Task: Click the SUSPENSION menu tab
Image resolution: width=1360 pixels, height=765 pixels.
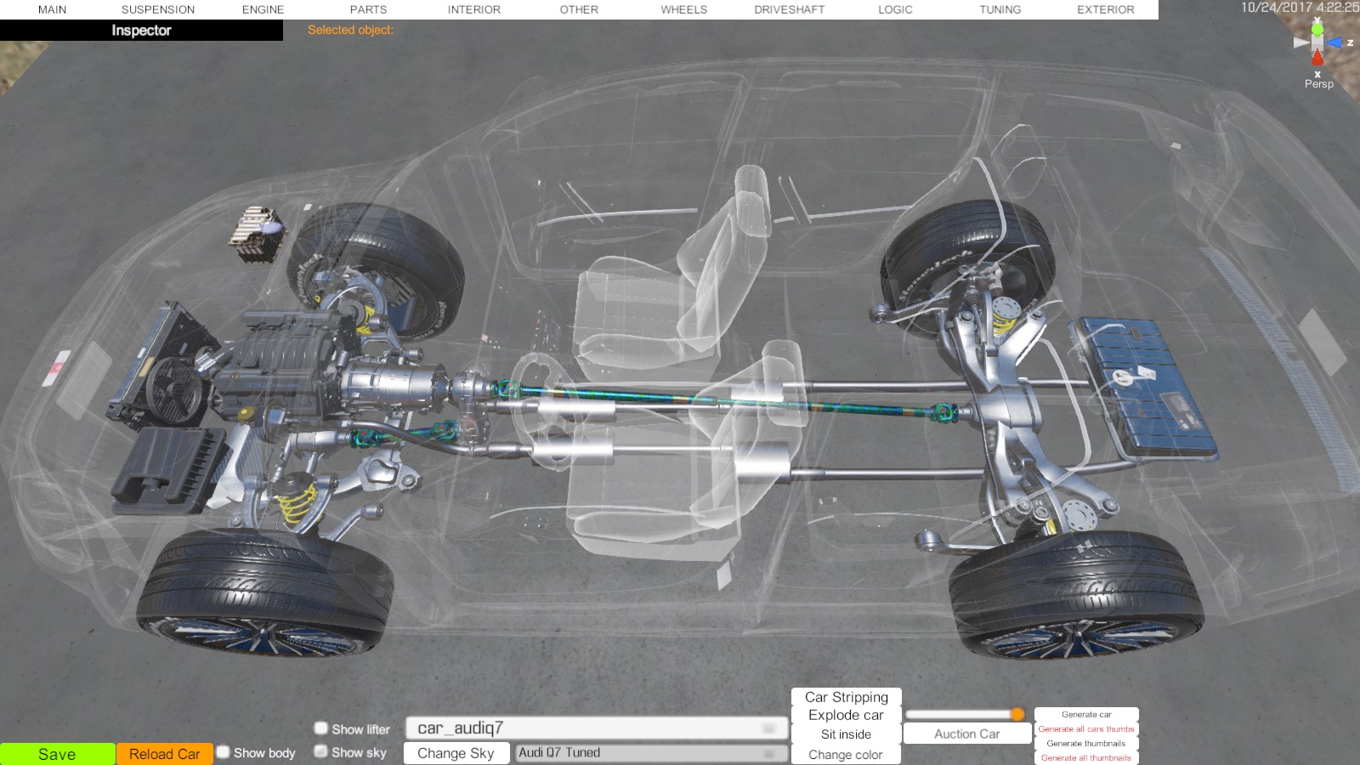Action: click(x=158, y=9)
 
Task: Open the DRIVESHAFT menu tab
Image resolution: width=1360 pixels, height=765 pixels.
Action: click(x=790, y=9)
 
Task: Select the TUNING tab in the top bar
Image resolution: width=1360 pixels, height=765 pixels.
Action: click(x=1000, y=9)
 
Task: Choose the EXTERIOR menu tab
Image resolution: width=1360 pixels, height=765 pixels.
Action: click(x=1106, y=9)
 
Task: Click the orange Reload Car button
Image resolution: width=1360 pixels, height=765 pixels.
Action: click(x=165, y=754)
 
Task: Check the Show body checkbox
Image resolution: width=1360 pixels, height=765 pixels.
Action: click(x=224, y=752)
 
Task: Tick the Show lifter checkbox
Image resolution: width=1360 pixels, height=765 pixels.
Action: click(x=321, y=728)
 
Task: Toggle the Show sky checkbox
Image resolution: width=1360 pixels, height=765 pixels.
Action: click(x=321, y=751)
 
